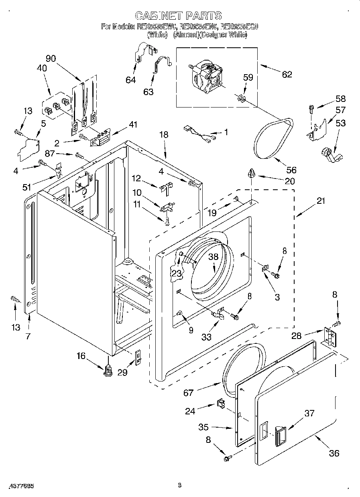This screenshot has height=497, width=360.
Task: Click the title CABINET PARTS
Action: point(178,16)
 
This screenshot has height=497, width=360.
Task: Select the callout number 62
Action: point(287,74)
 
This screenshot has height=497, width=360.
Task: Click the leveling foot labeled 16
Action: point(108,369)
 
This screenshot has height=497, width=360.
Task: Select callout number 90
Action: point(51,58)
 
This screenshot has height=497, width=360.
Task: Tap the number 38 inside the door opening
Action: point(213,258)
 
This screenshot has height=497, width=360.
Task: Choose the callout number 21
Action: point(321,201)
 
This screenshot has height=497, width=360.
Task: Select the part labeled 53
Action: point(329,154)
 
